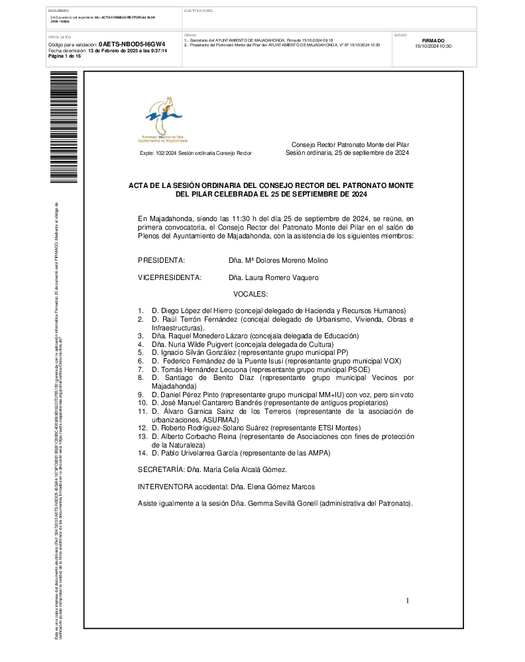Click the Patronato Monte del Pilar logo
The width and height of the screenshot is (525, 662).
pyautogui.click(x=163, y=119)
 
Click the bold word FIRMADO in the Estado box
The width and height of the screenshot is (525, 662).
pyautogui.click(x=433, y=40)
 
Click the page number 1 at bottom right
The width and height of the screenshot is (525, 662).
pyautogui.click(x=408, y=600)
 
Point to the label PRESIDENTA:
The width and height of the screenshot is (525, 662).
pyautogui.click(x=161, y=260)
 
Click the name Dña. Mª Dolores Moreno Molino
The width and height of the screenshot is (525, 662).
pyautogui.click(x=278, y=260)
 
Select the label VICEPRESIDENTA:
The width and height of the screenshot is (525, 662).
pyautogui.click(x=169, y=277)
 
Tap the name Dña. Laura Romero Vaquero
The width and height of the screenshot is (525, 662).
pyautogui.click(x=273, y=277)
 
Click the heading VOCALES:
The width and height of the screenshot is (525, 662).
pyautogui.click(x=251, y=293)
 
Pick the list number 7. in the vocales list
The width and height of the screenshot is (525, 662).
pyautogui.click(x=141, y=369)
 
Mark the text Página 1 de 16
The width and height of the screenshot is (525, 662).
pyautogui.click(x=65, y=56)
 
